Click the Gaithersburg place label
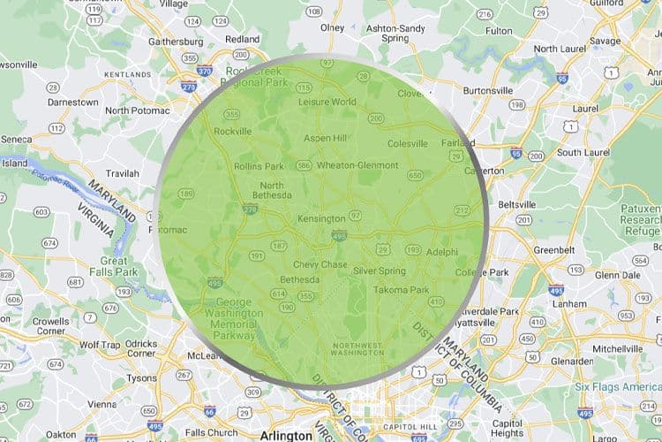(x=169, y=42)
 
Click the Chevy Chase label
(x=320, y=264)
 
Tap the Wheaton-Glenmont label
(x=357, y=164)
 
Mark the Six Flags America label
(x=618, y=386)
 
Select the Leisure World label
(x=328, y=102)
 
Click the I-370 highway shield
(x=205, y=71)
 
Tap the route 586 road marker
(x=304, y=164)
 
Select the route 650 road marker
(x=415, y=176)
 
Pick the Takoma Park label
(x=401, y=289)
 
